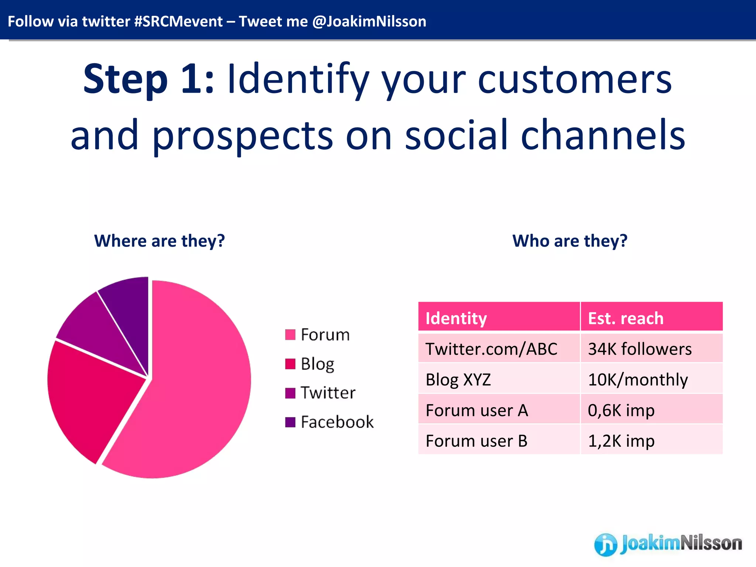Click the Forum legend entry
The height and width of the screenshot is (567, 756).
[x=317, y=335]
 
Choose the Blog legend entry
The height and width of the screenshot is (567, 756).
[x=310, y=364]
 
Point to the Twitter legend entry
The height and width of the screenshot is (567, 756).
[x=320, y=393]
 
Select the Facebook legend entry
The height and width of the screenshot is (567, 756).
[x=329, y=422]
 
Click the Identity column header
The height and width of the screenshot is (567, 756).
[x=456, y=318]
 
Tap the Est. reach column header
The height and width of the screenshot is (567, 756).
[x=626, y=318]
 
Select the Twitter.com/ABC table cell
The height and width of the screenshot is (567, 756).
[x=491, y=349]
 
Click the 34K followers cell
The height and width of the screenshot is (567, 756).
[x=640, y=349]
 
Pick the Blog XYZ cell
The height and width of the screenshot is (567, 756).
[x=458, y=379]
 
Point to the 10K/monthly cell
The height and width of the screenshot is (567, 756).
[x=638, y=379]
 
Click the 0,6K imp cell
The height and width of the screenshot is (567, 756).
[x=621, y=410]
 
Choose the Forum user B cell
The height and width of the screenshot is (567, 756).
[x=477, y=441]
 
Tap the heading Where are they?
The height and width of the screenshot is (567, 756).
[x=159, y=241]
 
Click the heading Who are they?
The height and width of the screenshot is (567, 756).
[x=570, y=241]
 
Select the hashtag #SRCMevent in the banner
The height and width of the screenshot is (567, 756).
[x=178, y=21]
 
